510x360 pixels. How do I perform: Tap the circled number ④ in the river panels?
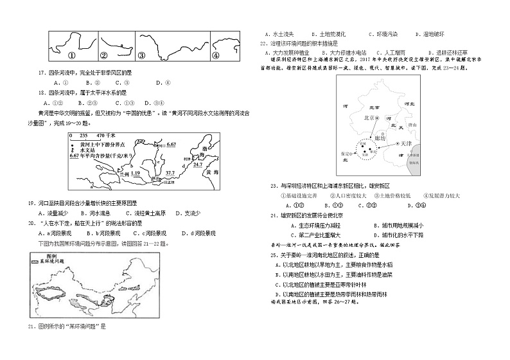click(x=216, y=55)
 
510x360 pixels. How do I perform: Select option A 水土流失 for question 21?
click(x=277, y=33)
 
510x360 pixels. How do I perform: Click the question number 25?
click(x=273, y=255)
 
